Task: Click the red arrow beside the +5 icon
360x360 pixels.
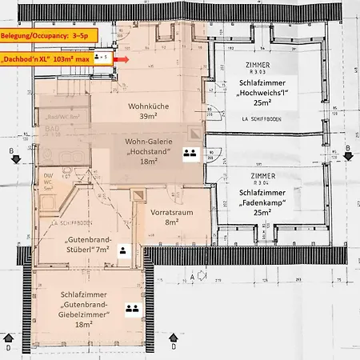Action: tap(121, 58)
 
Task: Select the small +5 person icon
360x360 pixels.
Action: tap(102, 58)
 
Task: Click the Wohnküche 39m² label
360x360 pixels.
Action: tap(147, 111)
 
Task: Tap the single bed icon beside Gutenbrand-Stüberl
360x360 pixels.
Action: tap(122, 250)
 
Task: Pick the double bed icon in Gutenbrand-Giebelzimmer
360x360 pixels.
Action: tap(130, 307)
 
